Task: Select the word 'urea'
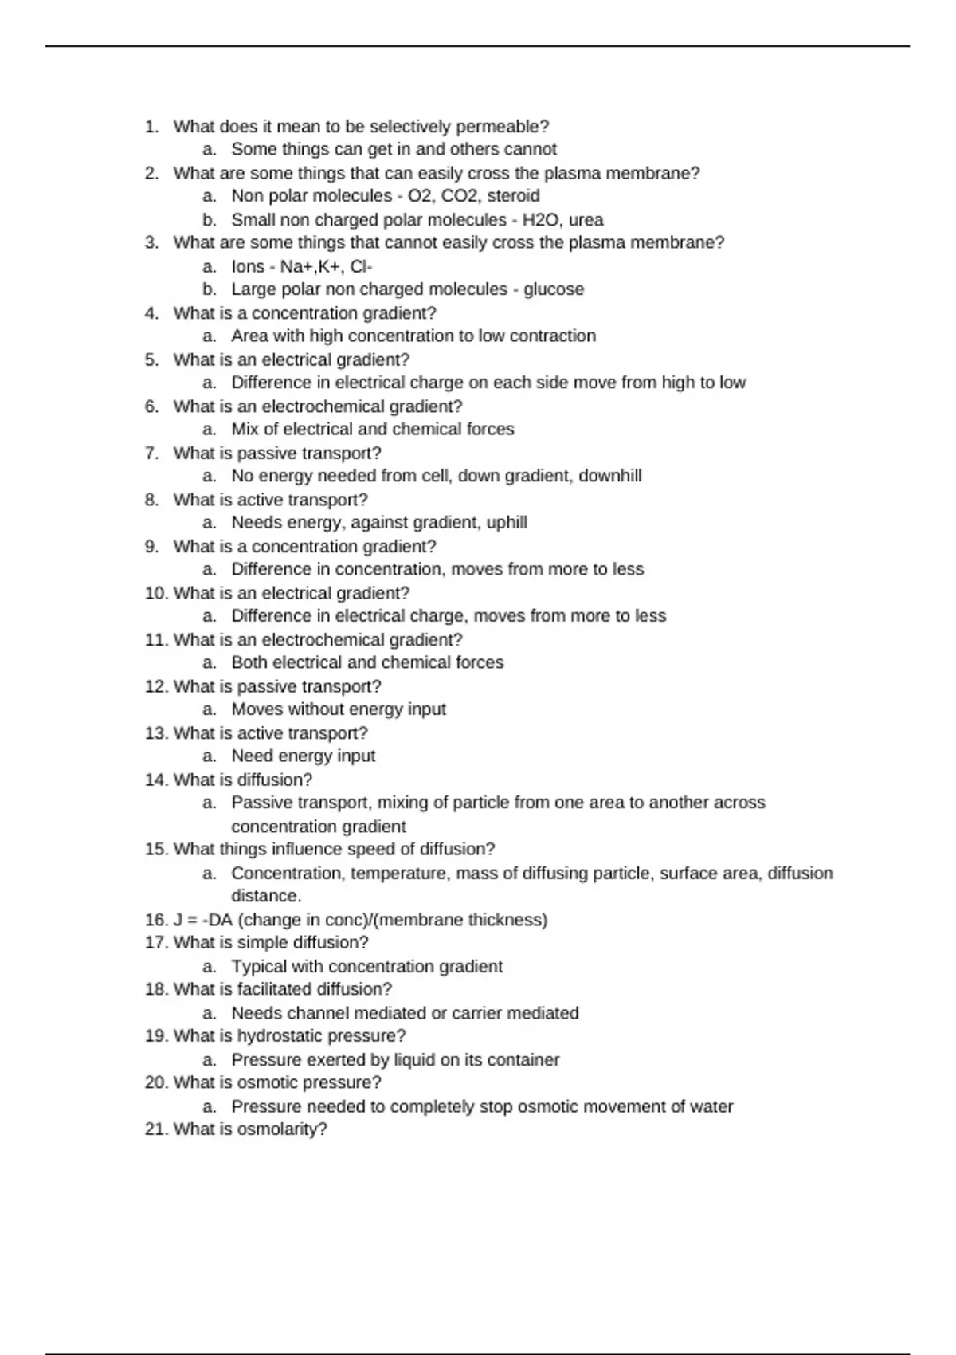586,220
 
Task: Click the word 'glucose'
554,289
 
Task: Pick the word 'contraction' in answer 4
552,336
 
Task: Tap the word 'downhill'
609,476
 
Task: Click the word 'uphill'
507,523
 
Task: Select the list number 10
155,593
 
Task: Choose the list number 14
155,780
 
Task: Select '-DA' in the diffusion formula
218,920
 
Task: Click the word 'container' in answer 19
523,1060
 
